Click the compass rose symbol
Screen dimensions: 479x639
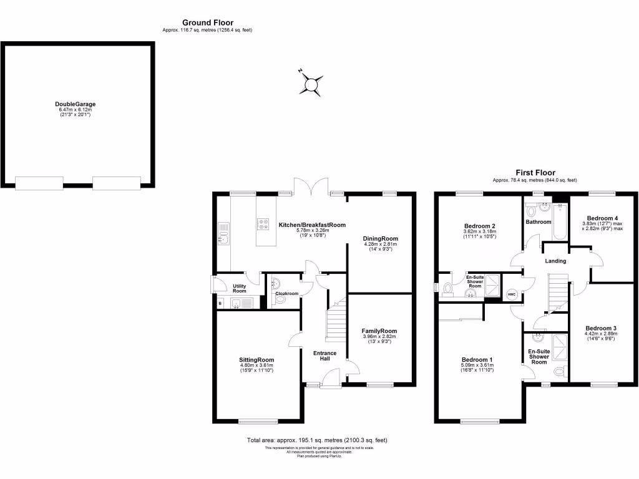pos(310,84)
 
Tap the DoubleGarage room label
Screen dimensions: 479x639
pos(76,104)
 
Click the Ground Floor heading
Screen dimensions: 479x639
pos(207,23)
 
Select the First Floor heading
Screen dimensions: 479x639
pos(535,173)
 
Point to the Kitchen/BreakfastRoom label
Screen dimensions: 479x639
pos(312,225)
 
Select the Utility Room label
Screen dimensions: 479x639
pos(240,288)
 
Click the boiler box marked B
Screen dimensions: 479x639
pos(220,304)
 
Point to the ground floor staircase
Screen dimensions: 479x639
pos(336,321)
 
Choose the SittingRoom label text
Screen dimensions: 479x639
pos(256,360)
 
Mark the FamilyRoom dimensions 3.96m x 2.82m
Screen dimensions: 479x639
pos(379,337)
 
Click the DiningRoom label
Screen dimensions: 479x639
pos(380,238)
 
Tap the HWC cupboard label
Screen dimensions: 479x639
pos(511,294)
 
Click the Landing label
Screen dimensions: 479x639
pos(555,261)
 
